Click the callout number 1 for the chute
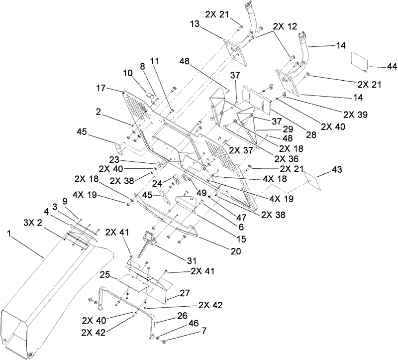[9, 234]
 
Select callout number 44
[392, 67]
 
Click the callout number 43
[336, 169]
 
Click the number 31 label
[192, 260]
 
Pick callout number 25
[105, 275]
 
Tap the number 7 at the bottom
[203, 331]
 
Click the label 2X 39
[355, 115]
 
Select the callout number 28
[311, 135]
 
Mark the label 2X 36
[287, 158]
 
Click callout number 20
[235, 251]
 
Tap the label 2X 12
[285, 26]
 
